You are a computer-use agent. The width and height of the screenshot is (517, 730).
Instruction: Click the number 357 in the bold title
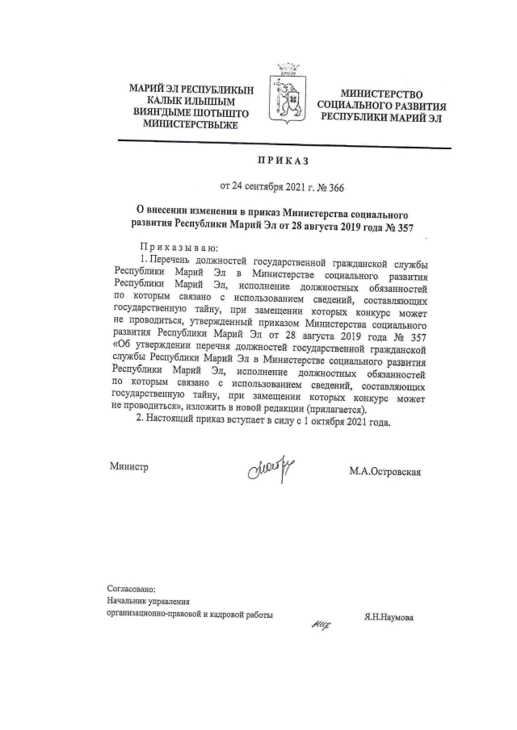pyautogui.click(x=401, y=227)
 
